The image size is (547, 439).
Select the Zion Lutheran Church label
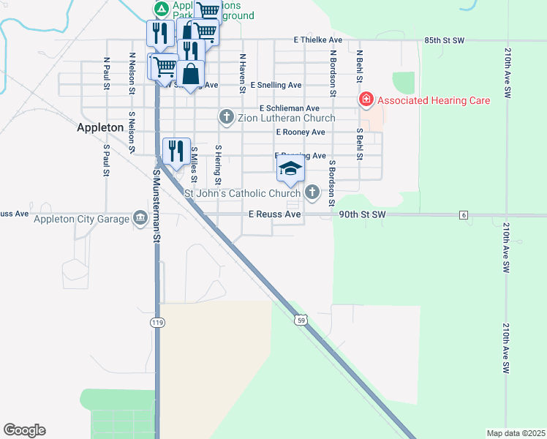pos(286,117)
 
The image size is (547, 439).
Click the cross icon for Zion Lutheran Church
pos(226,117)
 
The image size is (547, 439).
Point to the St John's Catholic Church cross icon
pos(312,193)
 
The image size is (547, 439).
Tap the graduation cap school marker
pos(290,170)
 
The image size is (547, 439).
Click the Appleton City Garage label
pos(80,217)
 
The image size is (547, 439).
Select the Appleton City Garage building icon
pos(140,217)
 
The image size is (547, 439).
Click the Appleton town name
pos(100,127)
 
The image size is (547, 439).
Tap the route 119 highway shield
pos(156,323)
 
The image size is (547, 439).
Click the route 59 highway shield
pos(301,320)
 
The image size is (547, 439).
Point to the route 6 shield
pos(464,214)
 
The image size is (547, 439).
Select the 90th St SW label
pos(362,214)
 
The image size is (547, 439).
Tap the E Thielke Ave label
pos(318,40)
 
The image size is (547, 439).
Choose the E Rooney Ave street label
pos(300,132)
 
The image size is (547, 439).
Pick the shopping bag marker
pos(190,75)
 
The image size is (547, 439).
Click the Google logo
pos(24,430)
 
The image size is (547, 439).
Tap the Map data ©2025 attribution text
pos(515,433)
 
